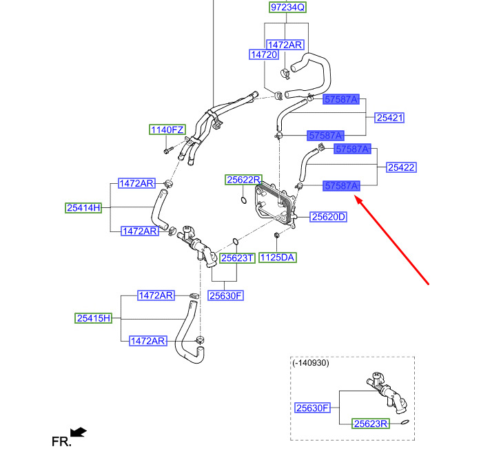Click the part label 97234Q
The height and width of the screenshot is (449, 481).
pyautogui.click(x=287, y=8)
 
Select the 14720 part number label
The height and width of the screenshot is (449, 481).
pyautogui.click(x=264, y=53)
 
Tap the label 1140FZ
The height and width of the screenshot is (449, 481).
pyautogui.click(x=168, y=129)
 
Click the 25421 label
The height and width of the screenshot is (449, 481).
pyautogui.click(x=389, y=118)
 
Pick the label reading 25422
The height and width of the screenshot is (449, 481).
pyautogui.click(x=401, y=167)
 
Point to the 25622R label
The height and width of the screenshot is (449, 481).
pyautogui.click(x=244, y=180)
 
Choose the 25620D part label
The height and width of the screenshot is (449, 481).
pyautogui.click(x=328, y=217)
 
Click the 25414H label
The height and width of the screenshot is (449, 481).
pyautogui.click(x=83, y=207)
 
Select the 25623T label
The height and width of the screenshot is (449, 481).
pyautogui.click(x=238, y=258)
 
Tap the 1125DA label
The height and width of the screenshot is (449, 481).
pyautogui.click(x=278, y=258)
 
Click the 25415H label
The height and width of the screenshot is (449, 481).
pyautogui.click(x=93, y=318)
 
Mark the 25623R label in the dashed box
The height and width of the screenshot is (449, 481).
pyautogui.click(x=371, y=424)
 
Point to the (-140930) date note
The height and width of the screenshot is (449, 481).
pyautogui.click(x=310, y=363)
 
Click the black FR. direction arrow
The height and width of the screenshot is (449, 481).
pyautogui.click(x=79, y=432)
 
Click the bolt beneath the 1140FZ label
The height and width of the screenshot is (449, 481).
pyautogui.click(x=167, y=149)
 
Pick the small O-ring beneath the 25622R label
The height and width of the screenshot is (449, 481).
pyautogui.click(x=244, y=200)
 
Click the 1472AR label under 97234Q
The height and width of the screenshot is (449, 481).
pyautogui.click(x=285, y=44)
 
